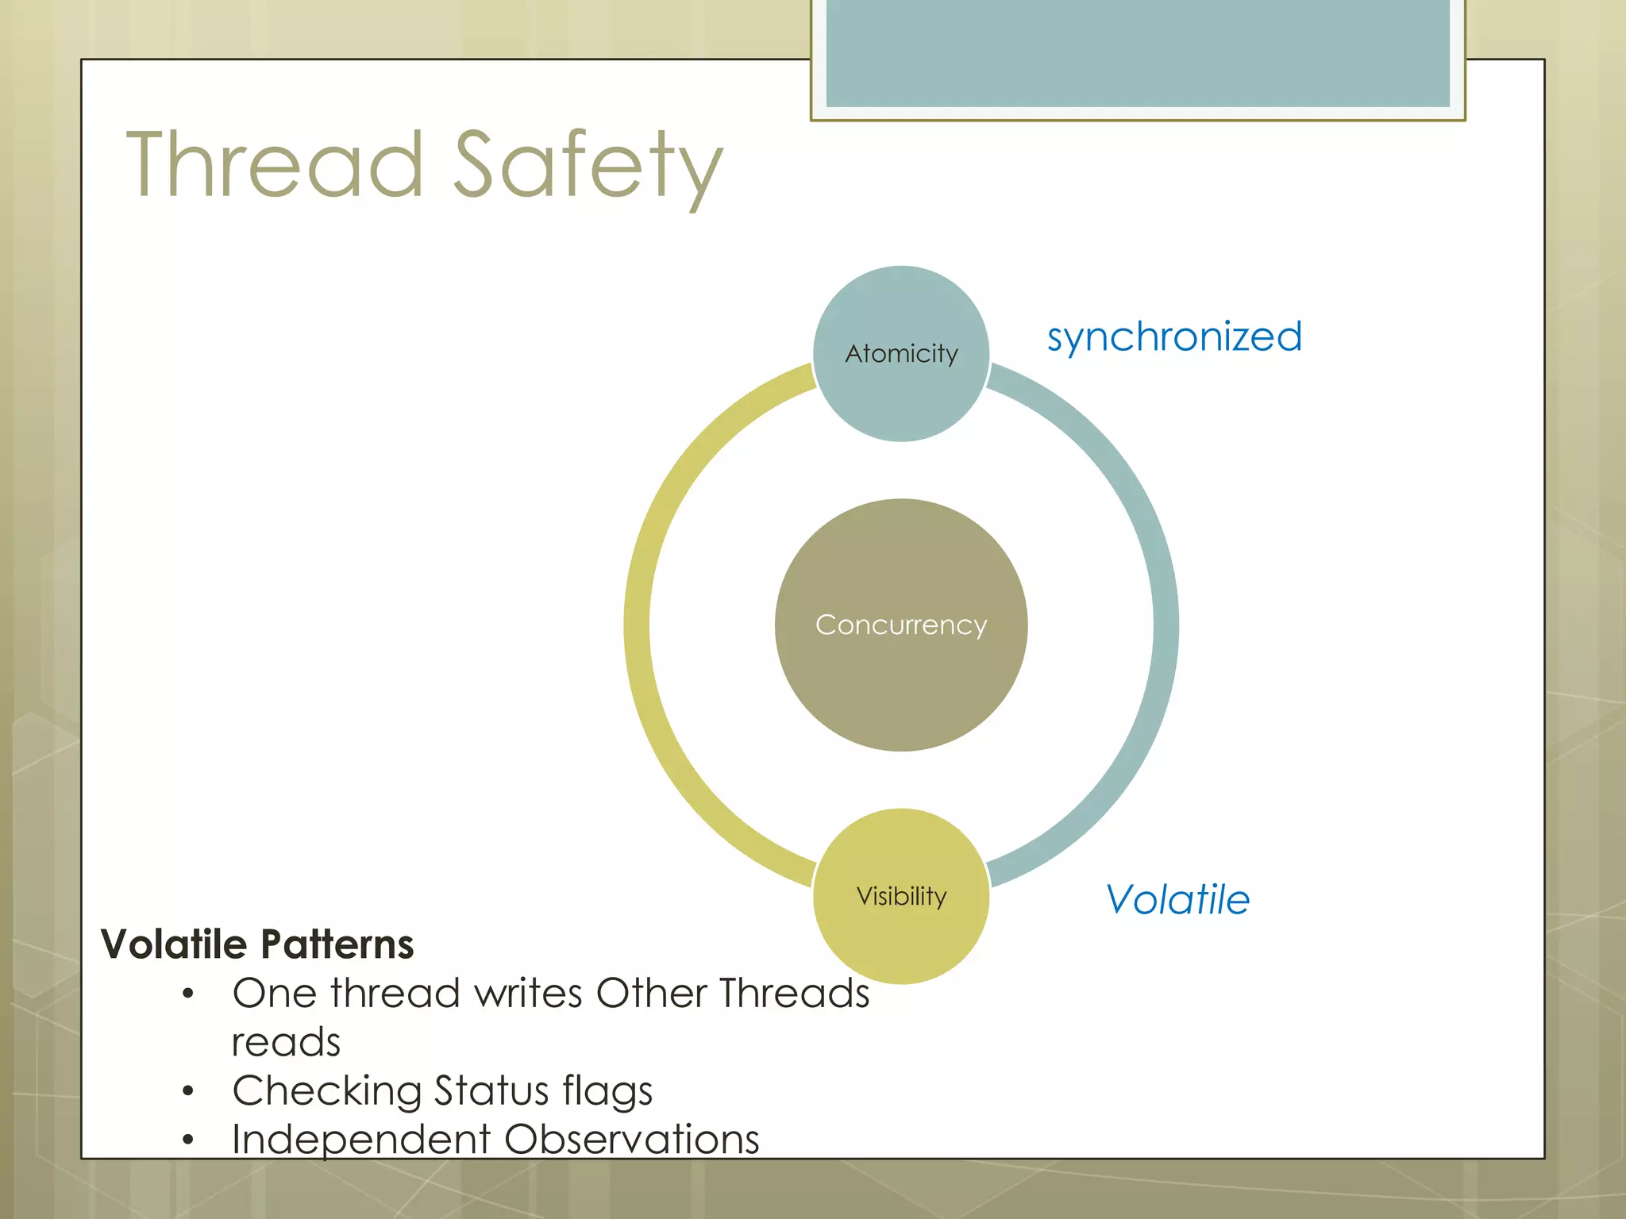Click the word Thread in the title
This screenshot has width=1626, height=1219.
275,165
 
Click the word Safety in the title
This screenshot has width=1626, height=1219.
588,165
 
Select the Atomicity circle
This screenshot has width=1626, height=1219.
901,353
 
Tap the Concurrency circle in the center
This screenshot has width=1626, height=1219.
901,625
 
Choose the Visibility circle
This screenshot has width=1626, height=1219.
901,896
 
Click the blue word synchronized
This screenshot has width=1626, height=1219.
1174,336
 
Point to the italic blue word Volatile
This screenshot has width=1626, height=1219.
1177,899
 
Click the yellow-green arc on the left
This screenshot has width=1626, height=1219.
638,625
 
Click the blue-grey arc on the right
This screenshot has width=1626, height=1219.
1166,625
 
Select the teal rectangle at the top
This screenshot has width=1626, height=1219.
1138,52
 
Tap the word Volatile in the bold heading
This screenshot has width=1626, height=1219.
174,944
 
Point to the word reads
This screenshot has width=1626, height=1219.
286,1042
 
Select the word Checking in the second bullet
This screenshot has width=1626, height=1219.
326,1091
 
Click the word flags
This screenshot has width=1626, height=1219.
607,1091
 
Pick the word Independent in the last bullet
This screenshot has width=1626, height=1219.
361,1140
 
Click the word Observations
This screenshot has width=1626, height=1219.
631,1140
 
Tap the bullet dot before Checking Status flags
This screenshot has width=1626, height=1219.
188,1091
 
